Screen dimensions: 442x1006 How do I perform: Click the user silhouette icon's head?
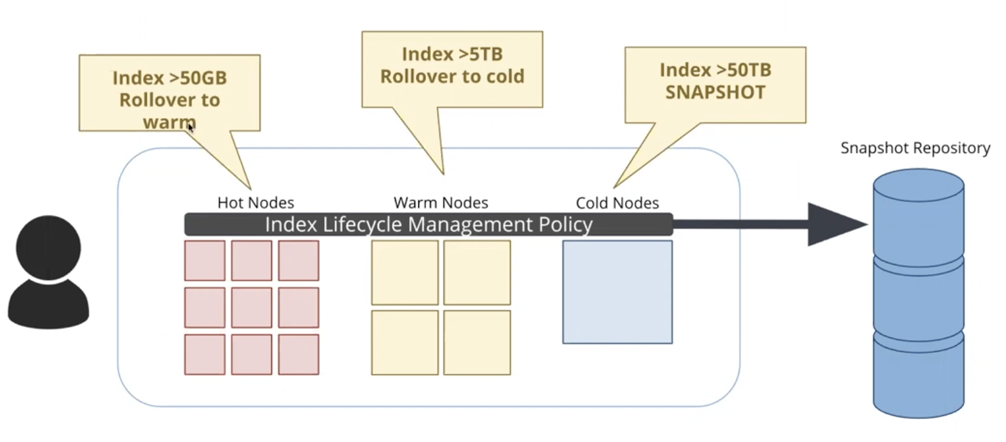48,248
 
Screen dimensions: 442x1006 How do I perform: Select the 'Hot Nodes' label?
255,203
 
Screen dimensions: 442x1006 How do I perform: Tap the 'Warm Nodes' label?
441,203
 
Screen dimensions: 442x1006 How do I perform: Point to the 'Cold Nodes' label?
617,203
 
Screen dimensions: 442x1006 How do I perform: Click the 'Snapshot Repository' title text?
915,148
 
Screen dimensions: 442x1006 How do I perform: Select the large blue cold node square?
617,292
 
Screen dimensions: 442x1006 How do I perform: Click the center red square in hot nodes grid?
251,307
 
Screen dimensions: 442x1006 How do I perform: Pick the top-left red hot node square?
205,261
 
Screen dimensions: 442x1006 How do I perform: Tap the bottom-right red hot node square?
298,354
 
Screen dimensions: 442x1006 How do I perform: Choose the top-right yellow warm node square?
477,272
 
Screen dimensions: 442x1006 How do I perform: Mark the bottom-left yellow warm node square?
405,343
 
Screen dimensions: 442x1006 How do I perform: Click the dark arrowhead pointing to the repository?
835,225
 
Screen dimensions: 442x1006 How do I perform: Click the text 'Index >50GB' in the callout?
169,78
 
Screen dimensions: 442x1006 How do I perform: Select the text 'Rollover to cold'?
452,76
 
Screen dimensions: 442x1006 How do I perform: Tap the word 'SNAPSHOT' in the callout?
715,92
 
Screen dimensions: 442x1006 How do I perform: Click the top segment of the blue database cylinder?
918,213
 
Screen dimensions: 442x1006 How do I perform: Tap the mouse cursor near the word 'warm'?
190,127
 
